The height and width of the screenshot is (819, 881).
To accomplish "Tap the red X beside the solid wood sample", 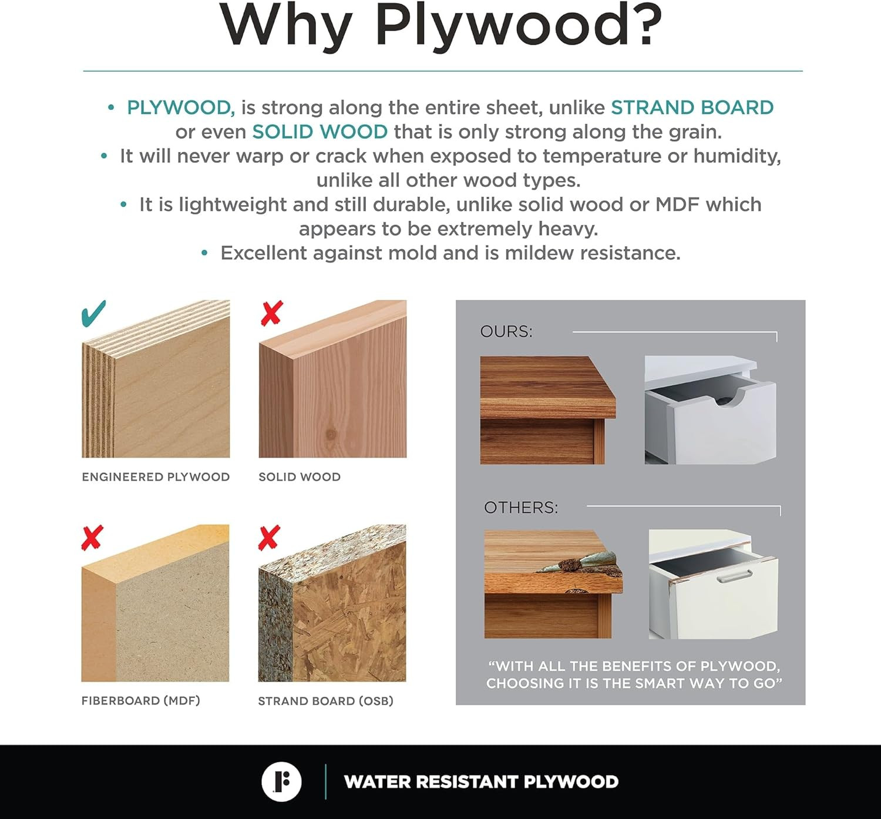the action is pos(271,313).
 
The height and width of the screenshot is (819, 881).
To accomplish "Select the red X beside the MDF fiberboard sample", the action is pos(92,538).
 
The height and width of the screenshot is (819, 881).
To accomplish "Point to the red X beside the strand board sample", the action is pos(269,538).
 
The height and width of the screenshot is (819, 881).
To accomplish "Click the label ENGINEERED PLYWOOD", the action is pos(156,476).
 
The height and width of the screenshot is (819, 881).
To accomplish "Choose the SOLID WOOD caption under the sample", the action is pos(300,476).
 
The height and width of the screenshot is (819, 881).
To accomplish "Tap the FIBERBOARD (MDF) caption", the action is pos(140,700).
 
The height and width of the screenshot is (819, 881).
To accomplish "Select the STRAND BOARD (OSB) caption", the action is pos(325,701).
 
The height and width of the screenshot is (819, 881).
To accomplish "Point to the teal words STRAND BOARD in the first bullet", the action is pos(692,108).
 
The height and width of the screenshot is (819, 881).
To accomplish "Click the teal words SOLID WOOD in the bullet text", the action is pos(320,132).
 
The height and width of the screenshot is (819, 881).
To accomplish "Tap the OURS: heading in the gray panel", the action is pos(506,331).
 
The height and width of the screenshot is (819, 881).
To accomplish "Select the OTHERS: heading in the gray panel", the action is pos(521,508).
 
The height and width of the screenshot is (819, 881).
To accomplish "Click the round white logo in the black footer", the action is pos(281,782).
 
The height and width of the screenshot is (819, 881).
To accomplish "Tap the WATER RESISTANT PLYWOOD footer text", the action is pos(481,782).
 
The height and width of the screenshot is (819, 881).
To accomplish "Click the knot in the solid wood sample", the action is pos(331,434).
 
